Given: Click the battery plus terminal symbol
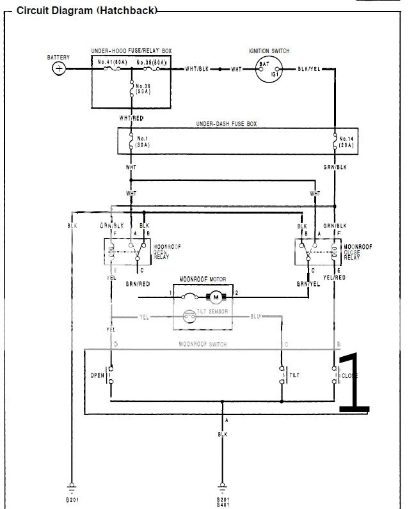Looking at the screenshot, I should tap(59, 68).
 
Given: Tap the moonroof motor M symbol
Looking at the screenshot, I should tap(216, 295).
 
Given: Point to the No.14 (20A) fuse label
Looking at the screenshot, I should tap(346, 141).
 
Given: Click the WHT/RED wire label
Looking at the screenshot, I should tap(131, 118).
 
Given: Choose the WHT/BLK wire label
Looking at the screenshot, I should tap(196, 68).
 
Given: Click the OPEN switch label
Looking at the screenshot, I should tap(97, 375).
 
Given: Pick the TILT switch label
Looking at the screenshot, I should tap(295, 375).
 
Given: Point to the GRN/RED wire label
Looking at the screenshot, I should tap(138, 283).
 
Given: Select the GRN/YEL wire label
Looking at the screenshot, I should tap(308, 283).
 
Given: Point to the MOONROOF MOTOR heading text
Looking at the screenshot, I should tap(207, 279).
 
